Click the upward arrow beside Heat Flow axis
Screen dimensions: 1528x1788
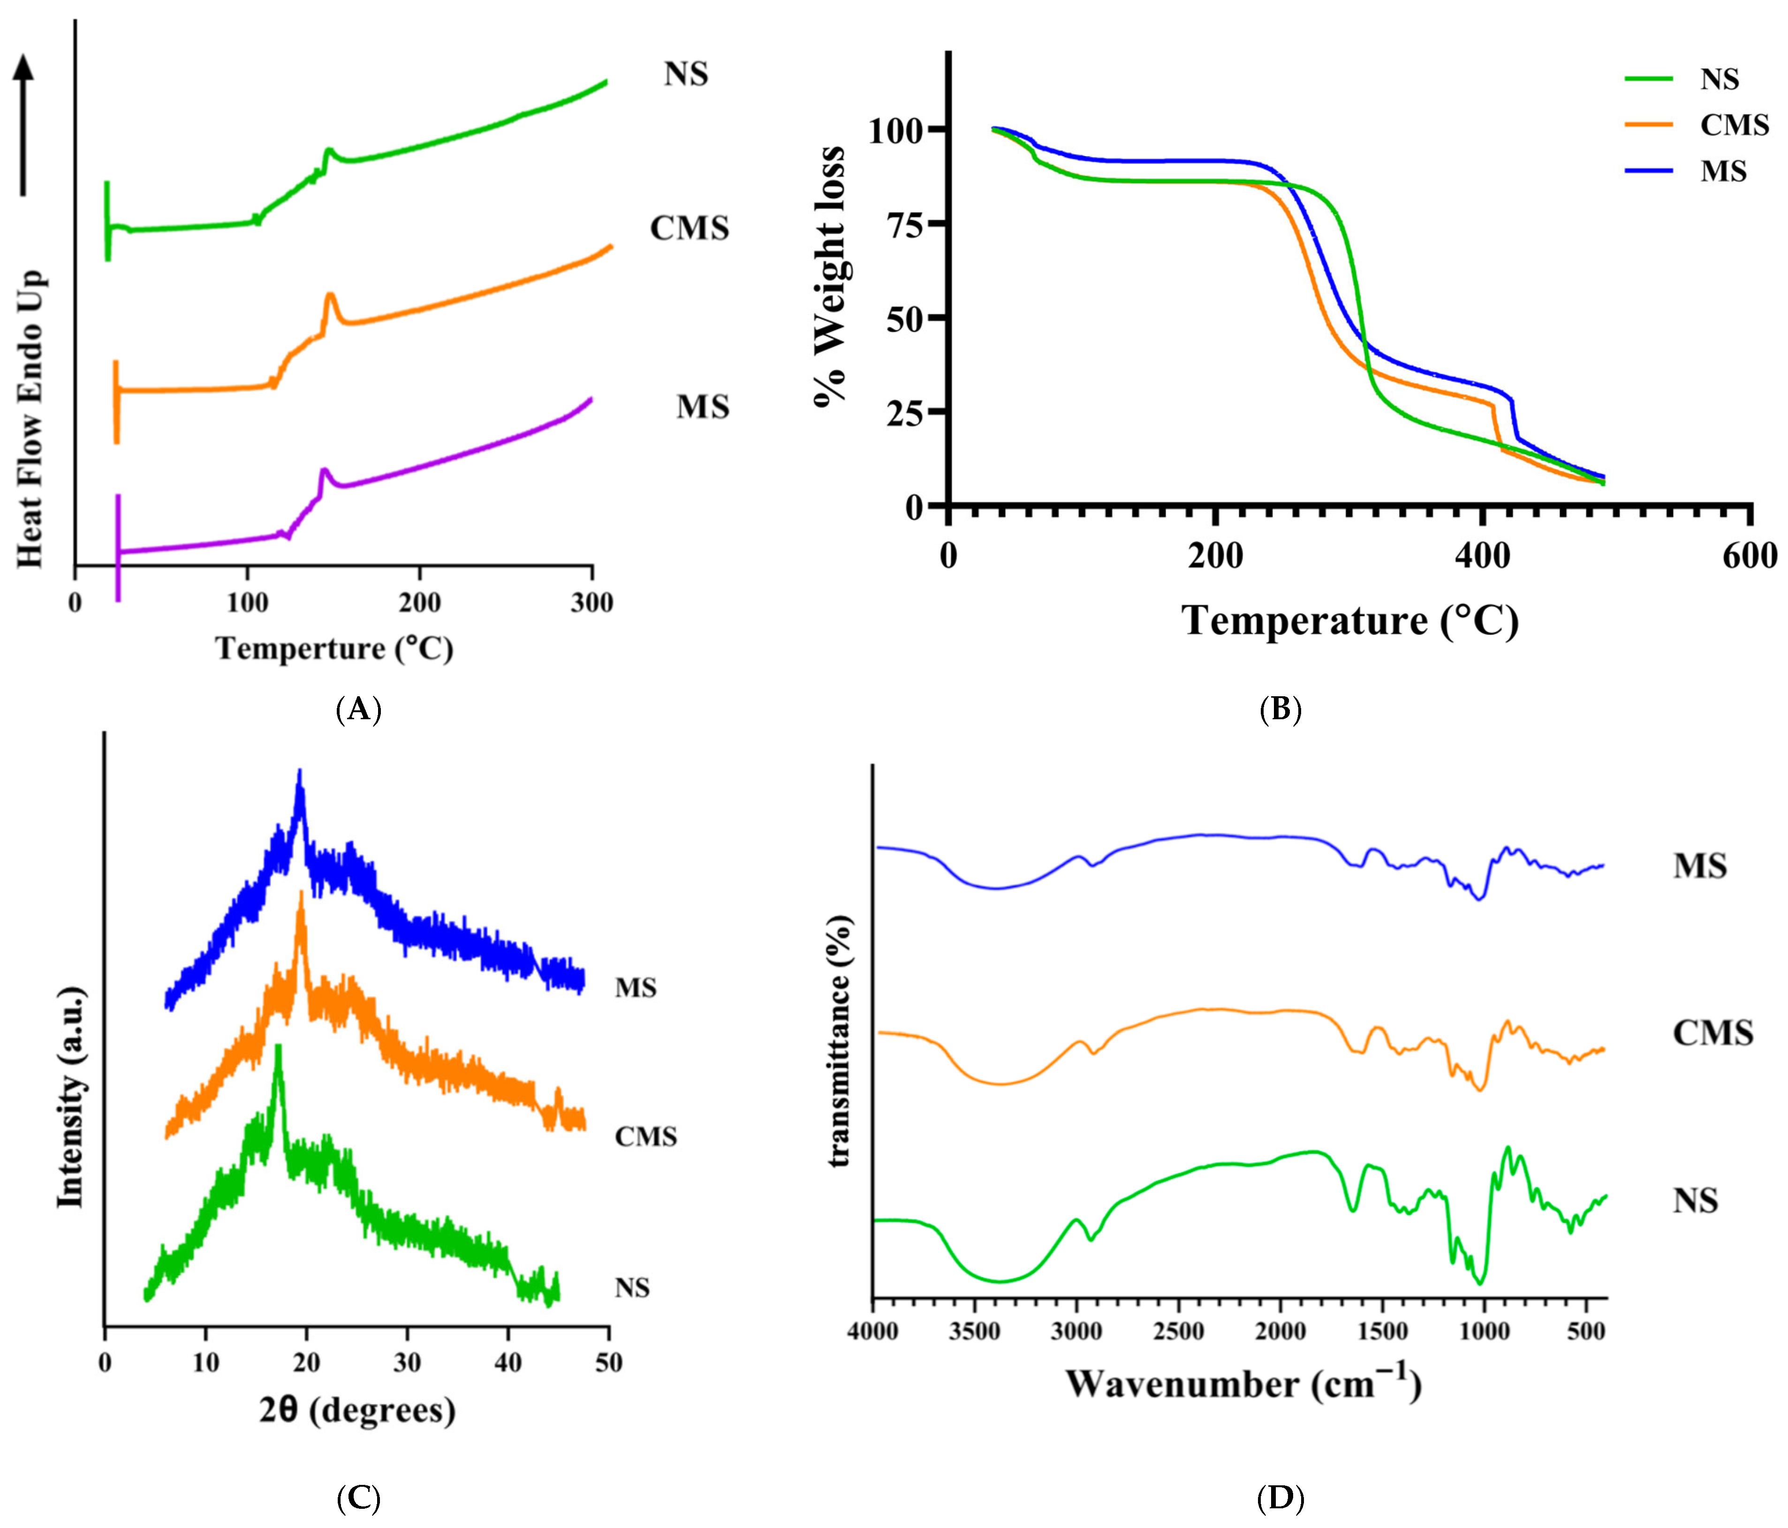tap(23, 125)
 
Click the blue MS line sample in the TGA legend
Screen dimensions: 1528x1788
tap(1648, 171)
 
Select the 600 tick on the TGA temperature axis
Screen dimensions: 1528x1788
tap(1749, 556)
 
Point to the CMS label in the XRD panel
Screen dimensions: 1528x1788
tap(645, 1137)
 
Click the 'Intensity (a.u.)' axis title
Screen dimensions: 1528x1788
tap(71, 1096)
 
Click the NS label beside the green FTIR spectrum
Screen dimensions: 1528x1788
tap(1695, 1200)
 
